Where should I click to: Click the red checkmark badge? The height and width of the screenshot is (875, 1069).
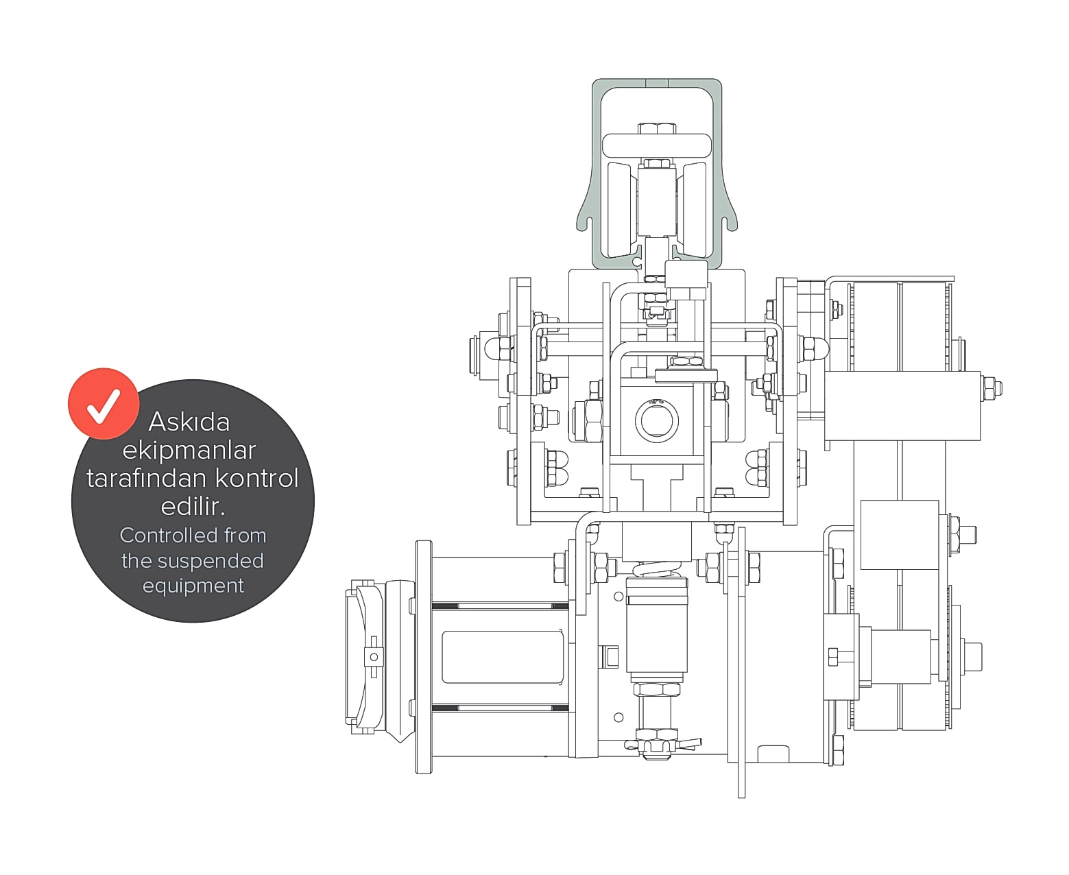104,403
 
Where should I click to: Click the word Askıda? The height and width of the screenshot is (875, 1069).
189,422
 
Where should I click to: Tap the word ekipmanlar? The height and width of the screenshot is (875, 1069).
189,450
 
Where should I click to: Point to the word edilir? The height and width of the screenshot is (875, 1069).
193,506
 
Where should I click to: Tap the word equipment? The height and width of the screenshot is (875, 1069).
193,586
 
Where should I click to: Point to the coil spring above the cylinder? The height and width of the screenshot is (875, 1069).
657,569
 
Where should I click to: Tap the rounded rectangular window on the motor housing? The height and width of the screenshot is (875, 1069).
503,656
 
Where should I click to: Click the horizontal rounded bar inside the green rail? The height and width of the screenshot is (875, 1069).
657,145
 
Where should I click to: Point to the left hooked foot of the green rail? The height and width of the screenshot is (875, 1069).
588,223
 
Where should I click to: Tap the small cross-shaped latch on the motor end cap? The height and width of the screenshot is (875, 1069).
374,656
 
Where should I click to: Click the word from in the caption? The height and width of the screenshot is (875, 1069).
245,536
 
